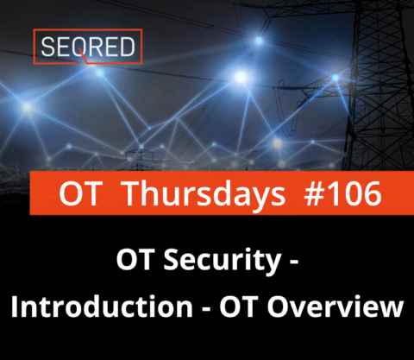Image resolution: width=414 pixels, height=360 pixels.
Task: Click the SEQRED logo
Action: pos(87,48)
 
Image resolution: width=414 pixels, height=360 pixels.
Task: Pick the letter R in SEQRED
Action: pos(97,48)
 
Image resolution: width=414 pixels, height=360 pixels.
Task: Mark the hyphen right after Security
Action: pos(294,264)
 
